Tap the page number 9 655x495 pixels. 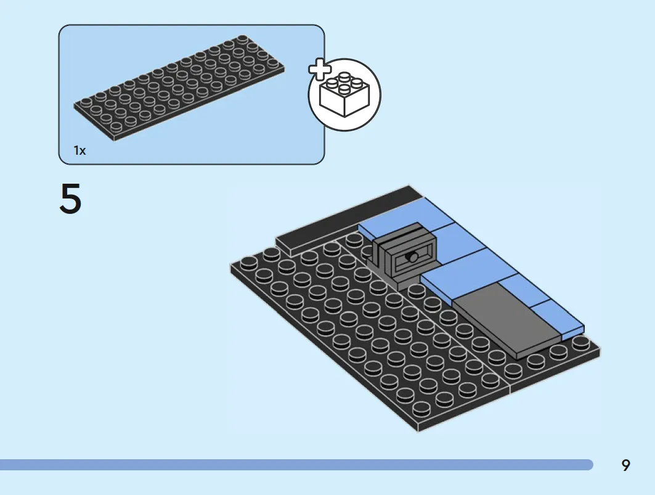click(x=625, y=465)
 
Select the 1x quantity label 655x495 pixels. click(x=79, y=150)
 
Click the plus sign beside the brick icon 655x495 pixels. click(x=320, y=70)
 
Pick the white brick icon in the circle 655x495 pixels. click(x=344, y=95)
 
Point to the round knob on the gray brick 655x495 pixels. click(x=413, y=257)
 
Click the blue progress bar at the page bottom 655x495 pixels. click(x=296, y=465)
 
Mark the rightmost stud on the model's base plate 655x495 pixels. click(x=579, y=342)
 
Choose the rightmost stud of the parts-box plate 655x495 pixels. click(x=272, y=63)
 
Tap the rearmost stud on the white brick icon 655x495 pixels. click(x=344, y=76)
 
